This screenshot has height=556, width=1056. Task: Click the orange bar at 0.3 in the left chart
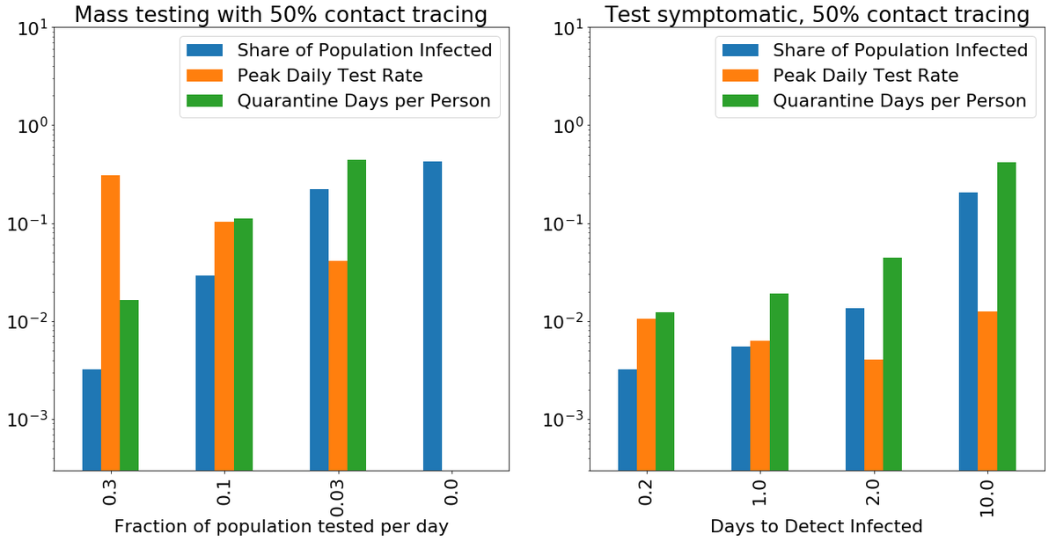[111, 322]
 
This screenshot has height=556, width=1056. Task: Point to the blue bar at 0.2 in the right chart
[627, 419]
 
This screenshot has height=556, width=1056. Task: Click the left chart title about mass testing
[280, 14]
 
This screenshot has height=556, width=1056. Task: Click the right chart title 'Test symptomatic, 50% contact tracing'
[816, 14]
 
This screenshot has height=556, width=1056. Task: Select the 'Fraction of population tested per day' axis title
[281, 527]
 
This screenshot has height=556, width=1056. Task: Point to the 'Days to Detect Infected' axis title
[816, 527]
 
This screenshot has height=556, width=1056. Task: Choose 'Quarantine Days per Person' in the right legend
[899, 101]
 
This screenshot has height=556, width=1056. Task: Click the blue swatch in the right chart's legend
[740, 50]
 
